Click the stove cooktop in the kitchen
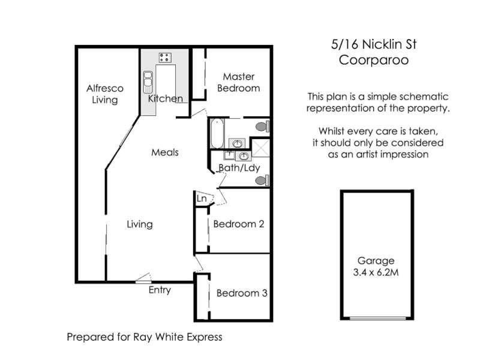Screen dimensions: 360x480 (x=164, y=57)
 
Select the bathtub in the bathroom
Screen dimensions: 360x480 (x=217, y=134)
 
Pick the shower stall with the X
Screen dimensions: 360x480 (x=260, y=148)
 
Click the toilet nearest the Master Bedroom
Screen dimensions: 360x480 (x=262, y=127)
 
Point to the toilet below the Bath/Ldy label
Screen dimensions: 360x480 (x=262, y=179)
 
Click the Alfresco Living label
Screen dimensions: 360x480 (x=104, y=94)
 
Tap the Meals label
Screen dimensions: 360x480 (x=165, y=152)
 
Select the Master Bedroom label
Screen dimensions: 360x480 (x=239, y=82)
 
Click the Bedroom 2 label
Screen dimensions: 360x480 (x=239, y=224)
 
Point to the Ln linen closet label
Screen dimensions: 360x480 (x=202, y=198)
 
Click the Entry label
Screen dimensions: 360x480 (x=160, y=290)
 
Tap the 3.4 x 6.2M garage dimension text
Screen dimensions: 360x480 (x=376, y=272)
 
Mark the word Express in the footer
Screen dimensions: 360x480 (x=203, y=337)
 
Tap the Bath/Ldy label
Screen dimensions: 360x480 (x=239, y=167)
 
